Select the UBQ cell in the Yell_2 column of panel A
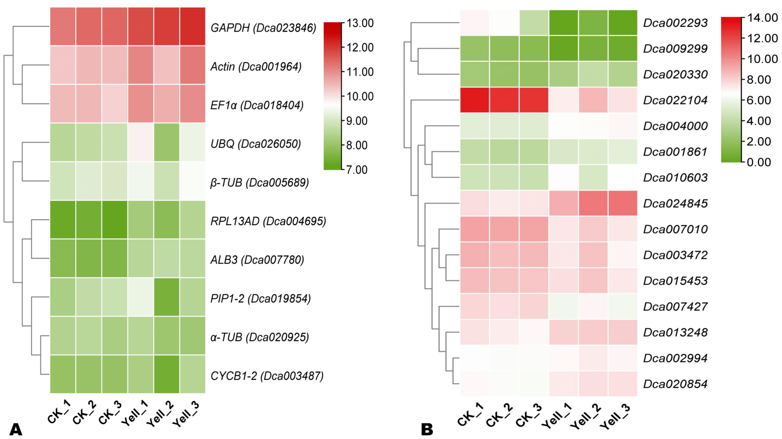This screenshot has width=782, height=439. tap(167, 142)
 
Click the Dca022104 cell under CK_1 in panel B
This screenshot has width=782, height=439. tap(474, 100)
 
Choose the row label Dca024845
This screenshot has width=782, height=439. tap(675, 203)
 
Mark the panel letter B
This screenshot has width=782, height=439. tap(427, 429)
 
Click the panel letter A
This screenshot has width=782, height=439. tap(16, 429)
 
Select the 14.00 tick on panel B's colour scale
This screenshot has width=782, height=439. tap(762, 18)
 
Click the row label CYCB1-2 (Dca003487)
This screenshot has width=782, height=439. tap(267, 376)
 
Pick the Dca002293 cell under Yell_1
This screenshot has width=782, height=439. tap(563, 23)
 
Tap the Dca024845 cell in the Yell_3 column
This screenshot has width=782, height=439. tap(622, 203)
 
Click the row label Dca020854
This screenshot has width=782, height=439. tap(675, 384)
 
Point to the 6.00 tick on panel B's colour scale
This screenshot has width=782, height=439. tap(759, 100)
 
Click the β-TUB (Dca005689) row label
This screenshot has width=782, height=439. tap(259, 182)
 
